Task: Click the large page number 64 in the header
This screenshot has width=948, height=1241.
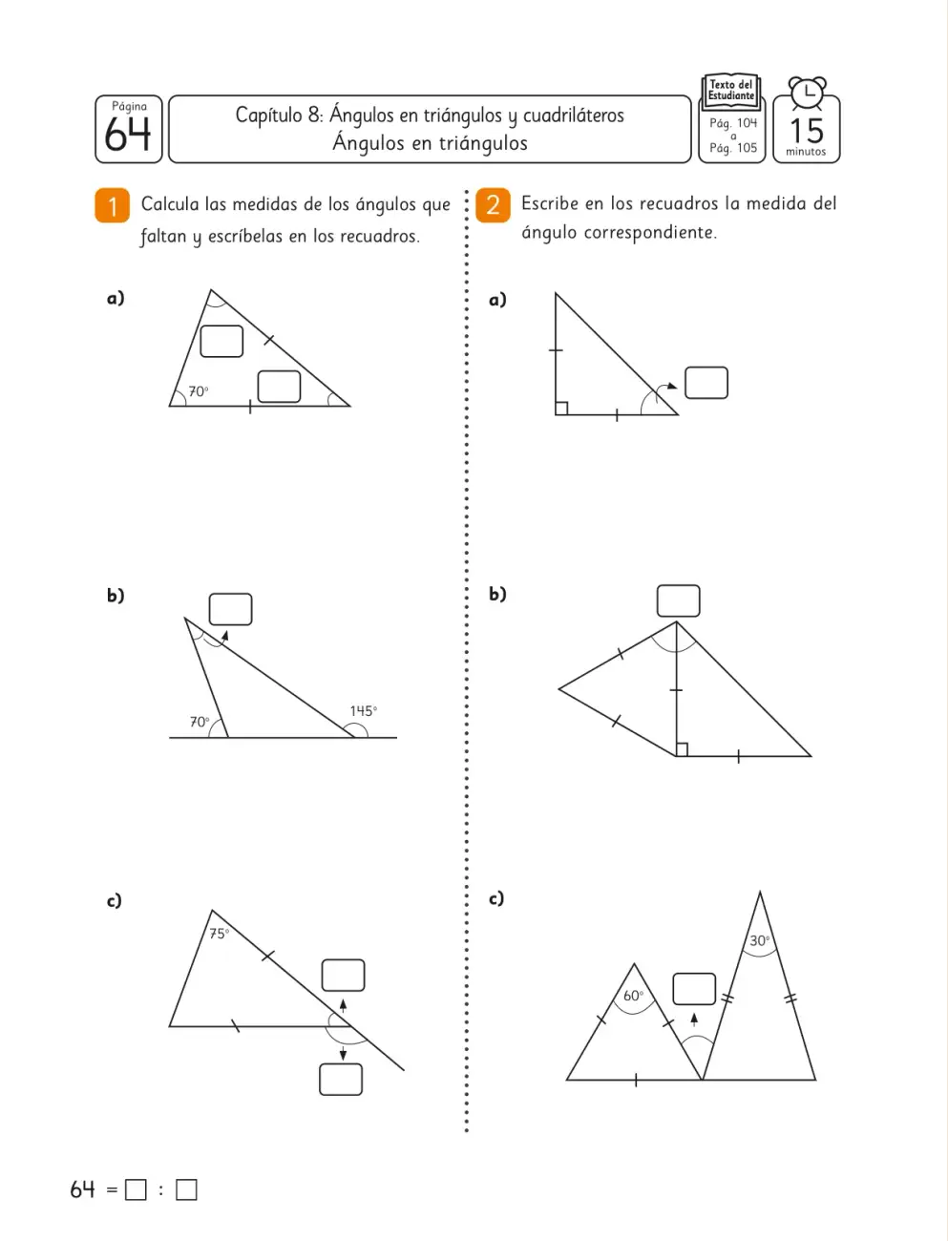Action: [x=128, y=134]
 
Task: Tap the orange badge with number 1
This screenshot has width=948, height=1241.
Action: [x=112, y=205]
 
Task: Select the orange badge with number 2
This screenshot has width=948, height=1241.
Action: [x=493, y=205]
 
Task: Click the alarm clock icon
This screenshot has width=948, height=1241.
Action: [x=808, y=93]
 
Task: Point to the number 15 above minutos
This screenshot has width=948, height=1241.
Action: [x=806, y=131]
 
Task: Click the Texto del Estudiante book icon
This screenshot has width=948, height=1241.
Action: [x=732, y=92]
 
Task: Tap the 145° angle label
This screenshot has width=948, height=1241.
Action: [x=364, y=710]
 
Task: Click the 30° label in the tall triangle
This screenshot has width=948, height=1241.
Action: [x=759, y=941]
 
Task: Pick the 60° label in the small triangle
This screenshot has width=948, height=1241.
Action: [x=633, y=996]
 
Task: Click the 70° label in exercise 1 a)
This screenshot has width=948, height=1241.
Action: [x=199, y=391]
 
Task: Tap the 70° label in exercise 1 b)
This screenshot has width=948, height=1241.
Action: [x=200, y=722]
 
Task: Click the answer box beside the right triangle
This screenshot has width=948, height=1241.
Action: [x=706, y=383]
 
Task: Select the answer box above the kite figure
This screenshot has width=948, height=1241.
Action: [x=679, y=601]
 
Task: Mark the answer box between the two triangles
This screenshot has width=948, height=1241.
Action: [x=694, y=989]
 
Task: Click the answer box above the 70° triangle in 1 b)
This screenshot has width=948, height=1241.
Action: [x=231, y=609]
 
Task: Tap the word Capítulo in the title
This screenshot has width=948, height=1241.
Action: [x=269, y=116]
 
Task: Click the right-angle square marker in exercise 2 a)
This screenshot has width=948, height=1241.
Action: [x=562, y=409]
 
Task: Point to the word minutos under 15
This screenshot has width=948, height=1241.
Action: [x=806, y=152]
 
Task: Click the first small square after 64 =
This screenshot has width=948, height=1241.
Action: [x=136, y=1189]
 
